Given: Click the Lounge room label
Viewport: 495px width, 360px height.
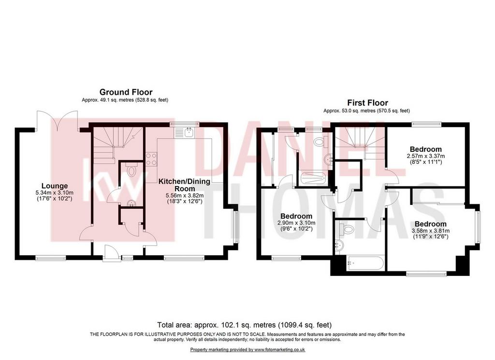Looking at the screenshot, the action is click(55, 186).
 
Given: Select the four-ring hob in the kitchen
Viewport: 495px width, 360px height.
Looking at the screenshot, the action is click(151, 158).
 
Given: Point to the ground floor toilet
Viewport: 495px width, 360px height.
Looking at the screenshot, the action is click(131, 170).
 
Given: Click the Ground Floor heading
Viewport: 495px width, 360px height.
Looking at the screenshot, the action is click(126, 92).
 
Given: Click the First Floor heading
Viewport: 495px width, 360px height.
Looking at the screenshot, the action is click(367, 102).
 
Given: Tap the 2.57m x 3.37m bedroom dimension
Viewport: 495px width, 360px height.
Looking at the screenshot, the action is click(425, 156).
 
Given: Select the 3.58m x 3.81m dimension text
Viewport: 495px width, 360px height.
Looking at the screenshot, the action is click(431, 230).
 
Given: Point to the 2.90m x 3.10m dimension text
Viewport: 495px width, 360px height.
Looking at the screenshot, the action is click(296, 223).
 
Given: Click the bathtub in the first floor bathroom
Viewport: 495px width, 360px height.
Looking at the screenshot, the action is click(365, 263).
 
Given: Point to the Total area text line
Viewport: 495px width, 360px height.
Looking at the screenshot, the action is click(244, 325).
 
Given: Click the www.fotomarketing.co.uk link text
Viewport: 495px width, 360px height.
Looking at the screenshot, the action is click(280, 349).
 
